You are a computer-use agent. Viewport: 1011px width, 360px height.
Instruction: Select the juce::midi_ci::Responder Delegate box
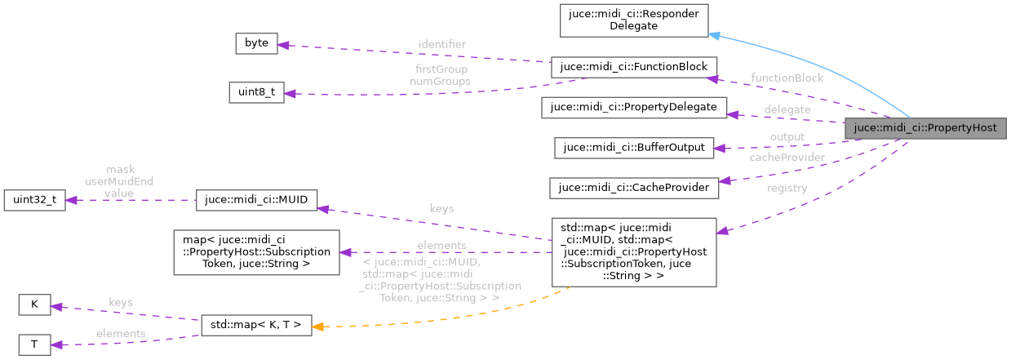pyautogui.click(x=633, y=20)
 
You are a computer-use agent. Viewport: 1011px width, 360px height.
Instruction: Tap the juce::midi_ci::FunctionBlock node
pyautogui.click(x=633, y=68)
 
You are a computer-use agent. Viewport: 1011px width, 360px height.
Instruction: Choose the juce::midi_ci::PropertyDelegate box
pyautogui.click(x=633, y=107)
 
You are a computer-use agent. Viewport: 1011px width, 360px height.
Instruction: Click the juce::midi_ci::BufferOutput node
pyautogui.click(x=633, y=148)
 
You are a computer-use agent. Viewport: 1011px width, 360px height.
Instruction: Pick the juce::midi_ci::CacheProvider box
pyautogui.click(x=633, y=188)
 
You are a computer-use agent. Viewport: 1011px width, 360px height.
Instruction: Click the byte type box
pyautogui.click(x=256, y=43)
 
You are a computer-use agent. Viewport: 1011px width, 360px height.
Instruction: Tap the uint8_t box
pyautogui.click(x=256, y=92)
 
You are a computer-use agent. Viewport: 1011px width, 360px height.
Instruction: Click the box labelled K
pyautogui.click(x=34, y=305)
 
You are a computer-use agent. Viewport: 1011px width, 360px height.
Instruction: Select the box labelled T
pyautogui.click(x=34, y=344)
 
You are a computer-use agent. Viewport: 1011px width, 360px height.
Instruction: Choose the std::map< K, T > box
pyautogui.click(x=256, y=325)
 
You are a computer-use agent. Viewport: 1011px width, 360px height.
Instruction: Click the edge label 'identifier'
pyautogui.click(x=441, y=42)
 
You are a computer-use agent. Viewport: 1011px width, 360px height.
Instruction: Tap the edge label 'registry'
pyautogui.click(x=787, y=188)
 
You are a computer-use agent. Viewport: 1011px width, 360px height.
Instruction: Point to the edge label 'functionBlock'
pyautogui.click(x=787, y=78)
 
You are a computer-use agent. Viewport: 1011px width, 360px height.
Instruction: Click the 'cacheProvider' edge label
pyautogui.click(x=787, y=157)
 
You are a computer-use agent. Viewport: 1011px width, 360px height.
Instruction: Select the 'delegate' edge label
pyautogui.click(x=787, y=109)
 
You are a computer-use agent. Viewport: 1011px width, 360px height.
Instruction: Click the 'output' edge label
pyautogui.click(x=787, y=136)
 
